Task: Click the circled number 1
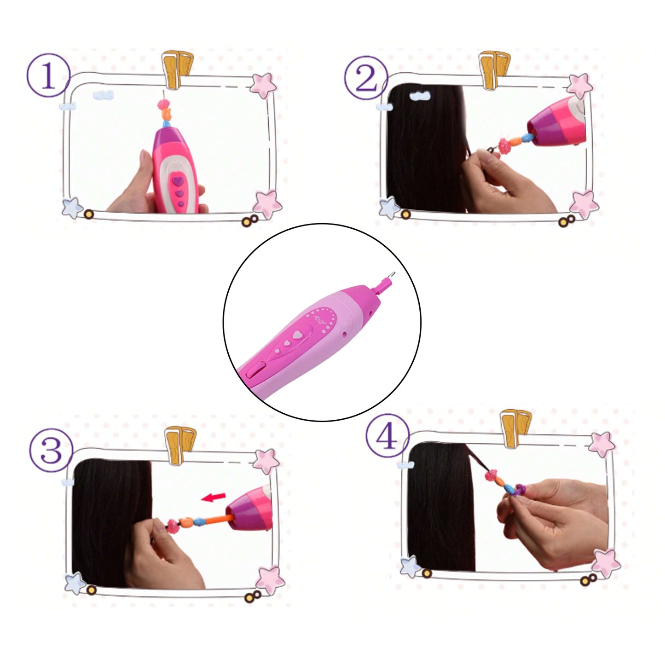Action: [48, 75]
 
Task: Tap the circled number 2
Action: [366, 78]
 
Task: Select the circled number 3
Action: [51, 451]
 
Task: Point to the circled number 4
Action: [387, 436]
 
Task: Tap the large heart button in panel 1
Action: [178, 180]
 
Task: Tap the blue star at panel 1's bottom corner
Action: [72, 208]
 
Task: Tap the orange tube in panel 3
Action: [218, 518]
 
